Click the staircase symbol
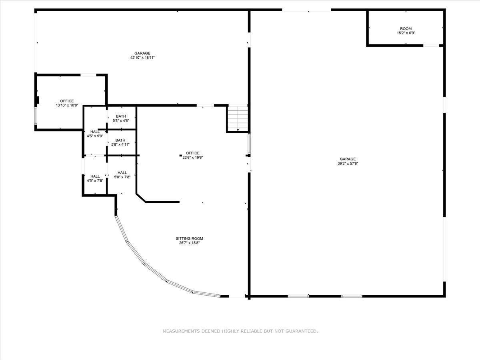[x=238, y=118]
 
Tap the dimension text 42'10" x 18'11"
[x=142, y=58]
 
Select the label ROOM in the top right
[x=406, y=29]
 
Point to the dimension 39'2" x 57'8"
[x=348, y=164]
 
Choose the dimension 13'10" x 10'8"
[x=67, y=106]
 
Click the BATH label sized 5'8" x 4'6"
[x=120, y=116]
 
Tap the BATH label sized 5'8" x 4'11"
[x=120, y=140]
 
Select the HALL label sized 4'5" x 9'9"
[x=95, y=132]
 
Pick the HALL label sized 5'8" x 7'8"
[x=122, y=172]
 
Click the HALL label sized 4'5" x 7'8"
[x=95, y=176]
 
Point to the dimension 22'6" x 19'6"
[x=193, y=158]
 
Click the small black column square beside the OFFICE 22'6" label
[x=181, y=155]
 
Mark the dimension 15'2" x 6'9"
[x=406, y=33]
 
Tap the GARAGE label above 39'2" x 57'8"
[x=348, y=159]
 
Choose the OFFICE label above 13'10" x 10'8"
[x=67, y=101]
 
